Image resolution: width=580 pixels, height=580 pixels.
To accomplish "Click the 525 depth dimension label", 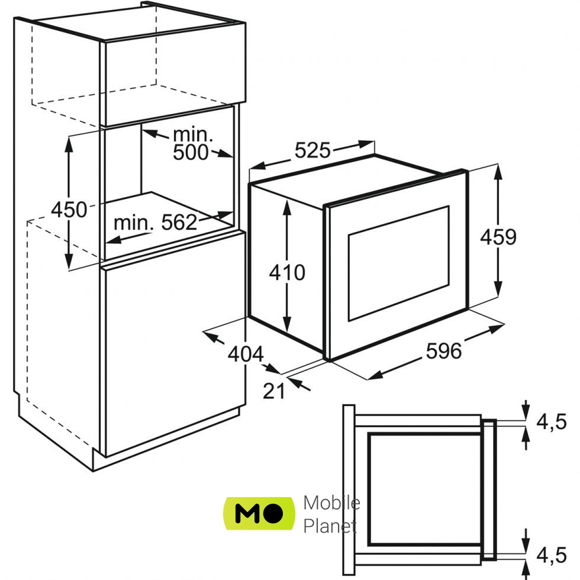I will click(x=312, y=152).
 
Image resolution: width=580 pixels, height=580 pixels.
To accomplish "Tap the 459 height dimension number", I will click(x=498, y=237).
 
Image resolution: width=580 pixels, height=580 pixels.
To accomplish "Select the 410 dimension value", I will click(x=287, y=272).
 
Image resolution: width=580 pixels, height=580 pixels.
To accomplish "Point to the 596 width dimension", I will click(x=443, y=351).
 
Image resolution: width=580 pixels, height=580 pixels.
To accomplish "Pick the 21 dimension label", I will click(x=274, y=391).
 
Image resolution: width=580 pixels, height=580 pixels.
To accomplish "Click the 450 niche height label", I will click(x=69, y=209).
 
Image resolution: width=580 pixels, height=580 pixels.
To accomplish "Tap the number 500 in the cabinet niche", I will click(x=191, y=152).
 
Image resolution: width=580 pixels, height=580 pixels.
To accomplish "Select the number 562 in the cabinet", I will click(x=179, y=223).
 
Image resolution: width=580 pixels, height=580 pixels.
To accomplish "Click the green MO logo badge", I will click(x=259, y=513).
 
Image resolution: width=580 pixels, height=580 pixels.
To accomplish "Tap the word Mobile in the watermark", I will click(x=331, y=503).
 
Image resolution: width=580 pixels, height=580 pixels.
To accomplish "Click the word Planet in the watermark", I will click(x=330, y=526).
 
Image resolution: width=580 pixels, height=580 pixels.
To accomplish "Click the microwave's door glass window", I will click(x=398, y=263).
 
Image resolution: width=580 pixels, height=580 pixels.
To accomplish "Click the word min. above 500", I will click(x=193, y=134).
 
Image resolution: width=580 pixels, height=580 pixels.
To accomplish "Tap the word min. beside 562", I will click(x=134, y=223).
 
